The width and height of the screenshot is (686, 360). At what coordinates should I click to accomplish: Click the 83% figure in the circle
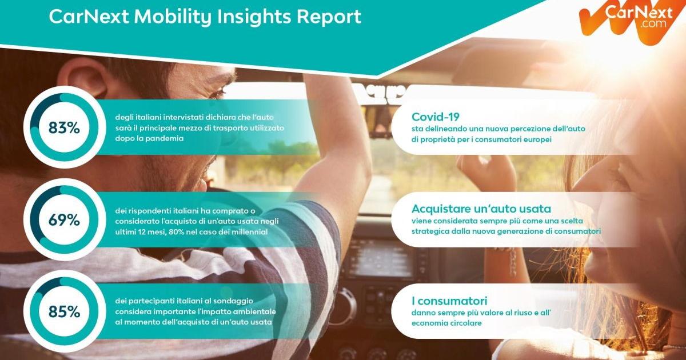click(64, 127)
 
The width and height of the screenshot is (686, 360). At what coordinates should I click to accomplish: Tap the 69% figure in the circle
click(64, 220)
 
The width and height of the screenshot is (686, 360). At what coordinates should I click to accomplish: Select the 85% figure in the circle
click(64, 311)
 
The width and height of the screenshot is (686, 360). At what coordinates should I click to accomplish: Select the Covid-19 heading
click(435, 117)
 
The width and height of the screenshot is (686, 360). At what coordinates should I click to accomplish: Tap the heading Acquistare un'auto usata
click(481, 209)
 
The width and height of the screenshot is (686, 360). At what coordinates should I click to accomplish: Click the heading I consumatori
click(449, 301)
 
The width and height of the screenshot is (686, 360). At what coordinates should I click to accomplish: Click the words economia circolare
click(446, 323)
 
